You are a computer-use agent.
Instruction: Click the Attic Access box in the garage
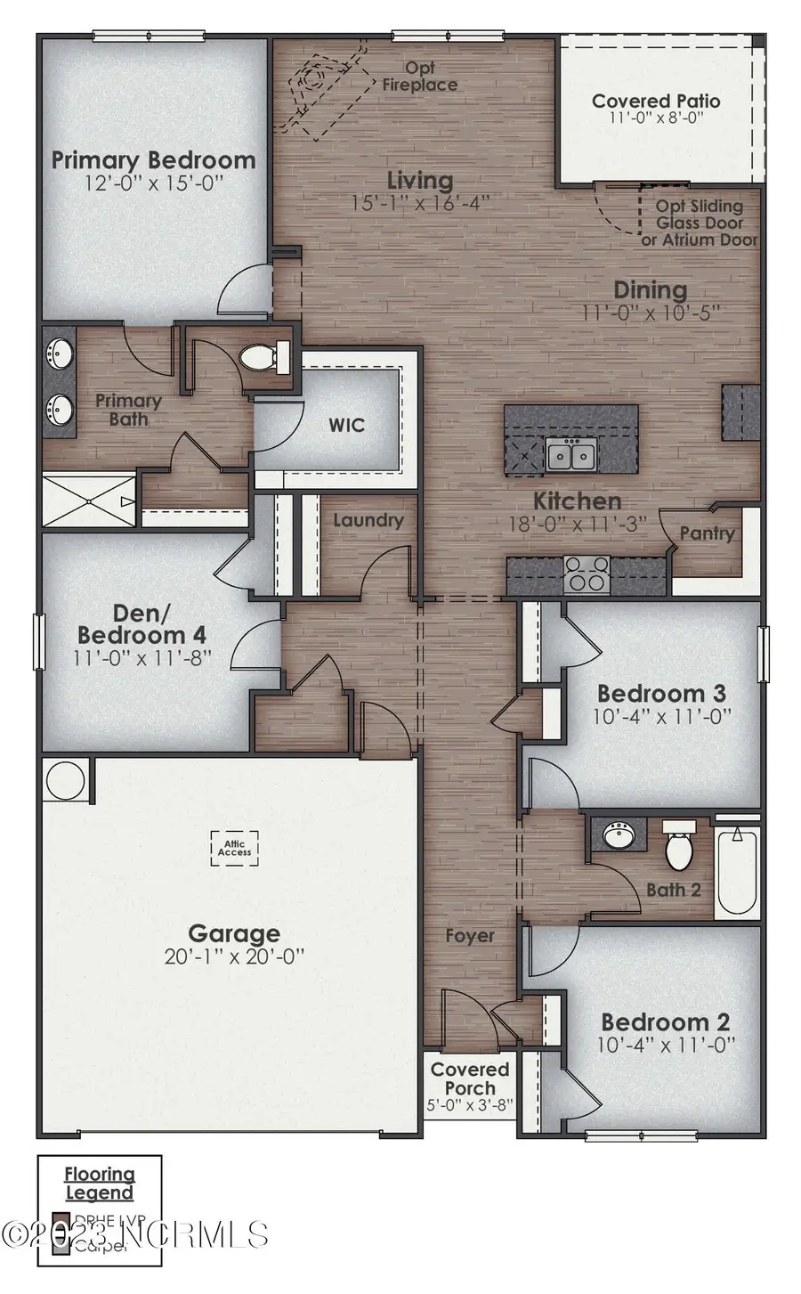pos(235,847)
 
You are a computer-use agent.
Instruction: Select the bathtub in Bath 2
pos(737,872)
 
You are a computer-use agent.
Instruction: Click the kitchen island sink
pos(571,455)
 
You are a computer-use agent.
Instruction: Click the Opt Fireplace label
pos(420,77)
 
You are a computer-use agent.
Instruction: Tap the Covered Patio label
pos(656,102)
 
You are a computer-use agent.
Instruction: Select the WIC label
pos(346,425)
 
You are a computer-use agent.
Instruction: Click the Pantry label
pos(707,533)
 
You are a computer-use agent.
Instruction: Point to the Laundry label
pos(368,520)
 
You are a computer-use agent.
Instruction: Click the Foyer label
pos(469,935)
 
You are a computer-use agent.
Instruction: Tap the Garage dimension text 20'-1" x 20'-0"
pos(234,957)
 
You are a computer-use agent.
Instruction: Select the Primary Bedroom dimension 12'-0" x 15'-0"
pos(153,183)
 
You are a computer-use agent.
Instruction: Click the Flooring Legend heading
pos(100,1184)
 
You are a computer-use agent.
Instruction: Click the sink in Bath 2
pos(618,835)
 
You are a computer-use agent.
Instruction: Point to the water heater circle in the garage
pos(66,780)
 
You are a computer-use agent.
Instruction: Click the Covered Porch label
pos(470,1078)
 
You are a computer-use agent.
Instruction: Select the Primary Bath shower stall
pos(89,502)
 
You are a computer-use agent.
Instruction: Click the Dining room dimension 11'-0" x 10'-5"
pos(650,313)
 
